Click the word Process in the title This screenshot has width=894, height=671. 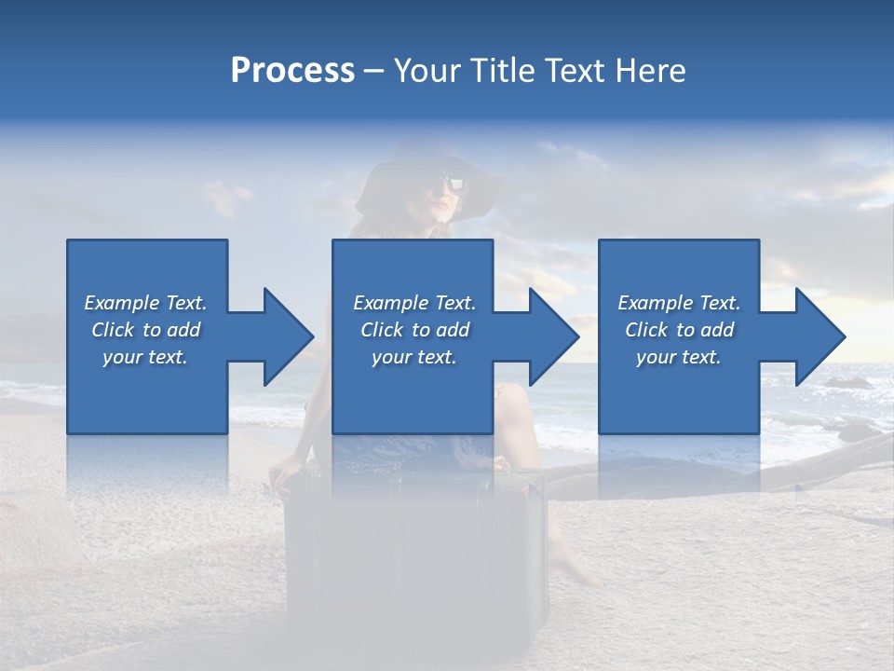pos(292,71)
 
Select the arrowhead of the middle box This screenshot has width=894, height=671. pos(552,336)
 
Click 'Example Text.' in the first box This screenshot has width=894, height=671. pos(146,303)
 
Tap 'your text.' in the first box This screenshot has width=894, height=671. pos(146,357)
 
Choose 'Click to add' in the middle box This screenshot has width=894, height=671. pos(414,330)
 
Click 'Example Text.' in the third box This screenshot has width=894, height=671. pos(679,303)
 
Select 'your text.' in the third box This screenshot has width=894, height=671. pos(679,357)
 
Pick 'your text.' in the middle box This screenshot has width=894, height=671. pos(414,357)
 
